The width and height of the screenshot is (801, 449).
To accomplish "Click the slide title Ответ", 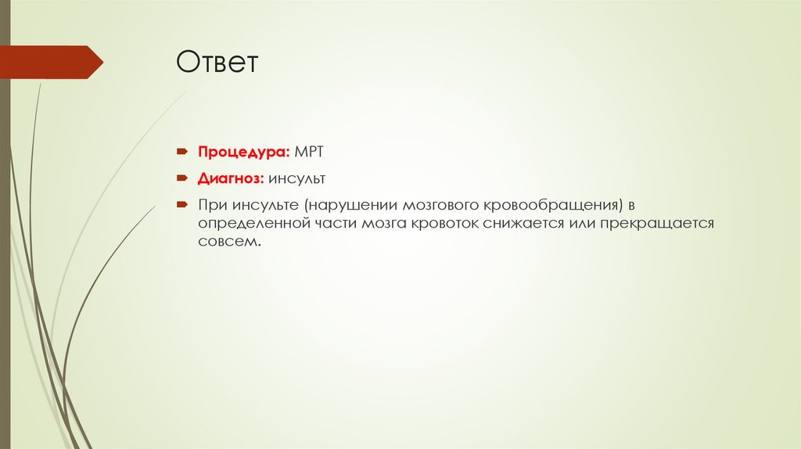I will pos(217,63).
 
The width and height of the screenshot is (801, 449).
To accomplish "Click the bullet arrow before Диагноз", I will pos(180,178).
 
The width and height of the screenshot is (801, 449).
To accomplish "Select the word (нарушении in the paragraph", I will pos(351,206).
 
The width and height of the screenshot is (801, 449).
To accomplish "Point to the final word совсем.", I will pos(227,243).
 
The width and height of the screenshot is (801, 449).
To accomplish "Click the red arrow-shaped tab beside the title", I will pos(51,62).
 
